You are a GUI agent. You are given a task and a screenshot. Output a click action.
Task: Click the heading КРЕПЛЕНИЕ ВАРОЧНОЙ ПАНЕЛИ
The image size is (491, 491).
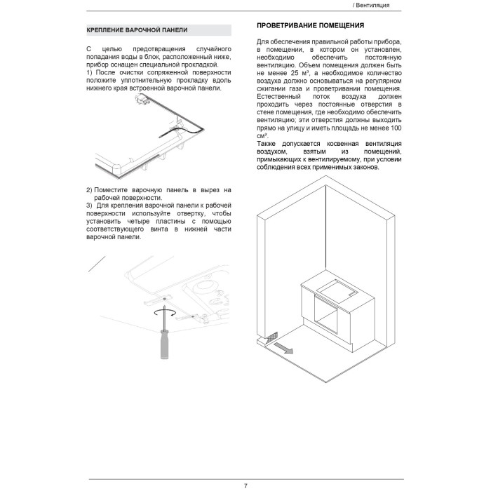pos(136,31)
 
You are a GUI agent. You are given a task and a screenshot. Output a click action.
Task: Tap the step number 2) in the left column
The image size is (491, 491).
pos(89,190)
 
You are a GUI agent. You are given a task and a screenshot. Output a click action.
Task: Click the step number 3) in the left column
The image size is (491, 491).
pos(89,205)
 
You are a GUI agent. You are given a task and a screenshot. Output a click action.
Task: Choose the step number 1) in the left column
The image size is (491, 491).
pos(89,72)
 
